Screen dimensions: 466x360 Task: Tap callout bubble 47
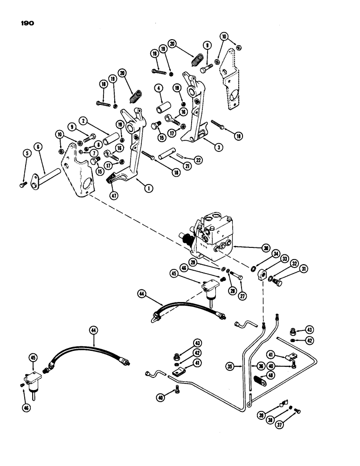(x=112, y=196)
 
